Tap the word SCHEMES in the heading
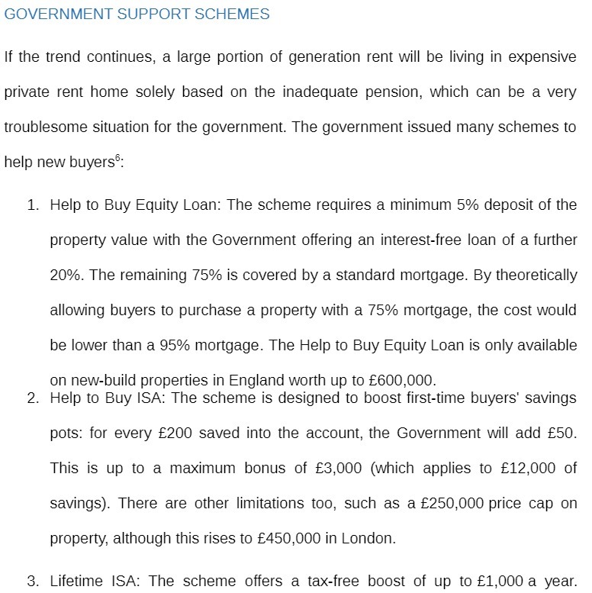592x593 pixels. tap(233, 15)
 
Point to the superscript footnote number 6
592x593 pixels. tap(117, 159)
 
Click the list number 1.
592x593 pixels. tap(33, 205)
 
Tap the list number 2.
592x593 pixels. tap(33, 398)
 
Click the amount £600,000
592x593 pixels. tap(403, 380)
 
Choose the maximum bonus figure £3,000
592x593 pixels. tap(334, 469)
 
